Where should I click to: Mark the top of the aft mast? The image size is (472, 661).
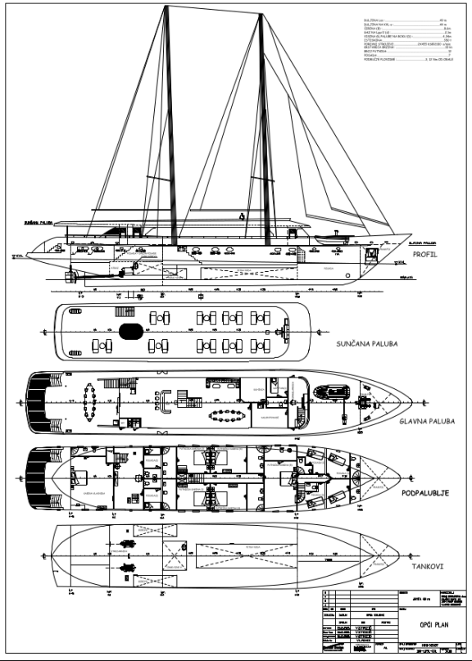coord(167,8)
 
